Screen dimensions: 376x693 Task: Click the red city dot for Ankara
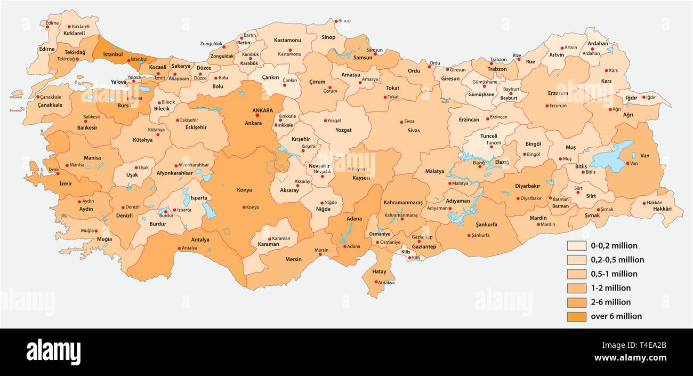coord(257,115)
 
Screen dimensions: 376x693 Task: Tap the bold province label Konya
coord(245,190)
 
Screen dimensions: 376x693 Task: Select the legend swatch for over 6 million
coord(577,316)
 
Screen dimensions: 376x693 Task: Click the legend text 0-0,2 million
coord(614,246)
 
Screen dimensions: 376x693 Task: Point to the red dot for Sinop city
coord(335,21)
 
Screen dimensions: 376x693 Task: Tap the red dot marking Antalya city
coord(179,248)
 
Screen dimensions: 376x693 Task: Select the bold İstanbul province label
coord(112,54)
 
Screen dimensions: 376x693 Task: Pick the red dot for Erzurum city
coord(547,106)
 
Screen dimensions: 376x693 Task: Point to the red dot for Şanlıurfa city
coord(469,235)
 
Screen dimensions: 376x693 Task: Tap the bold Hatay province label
coord(379,271)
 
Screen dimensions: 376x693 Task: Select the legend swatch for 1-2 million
coord(577,288)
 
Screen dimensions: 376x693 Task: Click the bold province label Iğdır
coord(632,98)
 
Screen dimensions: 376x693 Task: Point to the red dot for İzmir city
coord(58,173)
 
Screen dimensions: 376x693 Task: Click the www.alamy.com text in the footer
coord(631,358)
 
